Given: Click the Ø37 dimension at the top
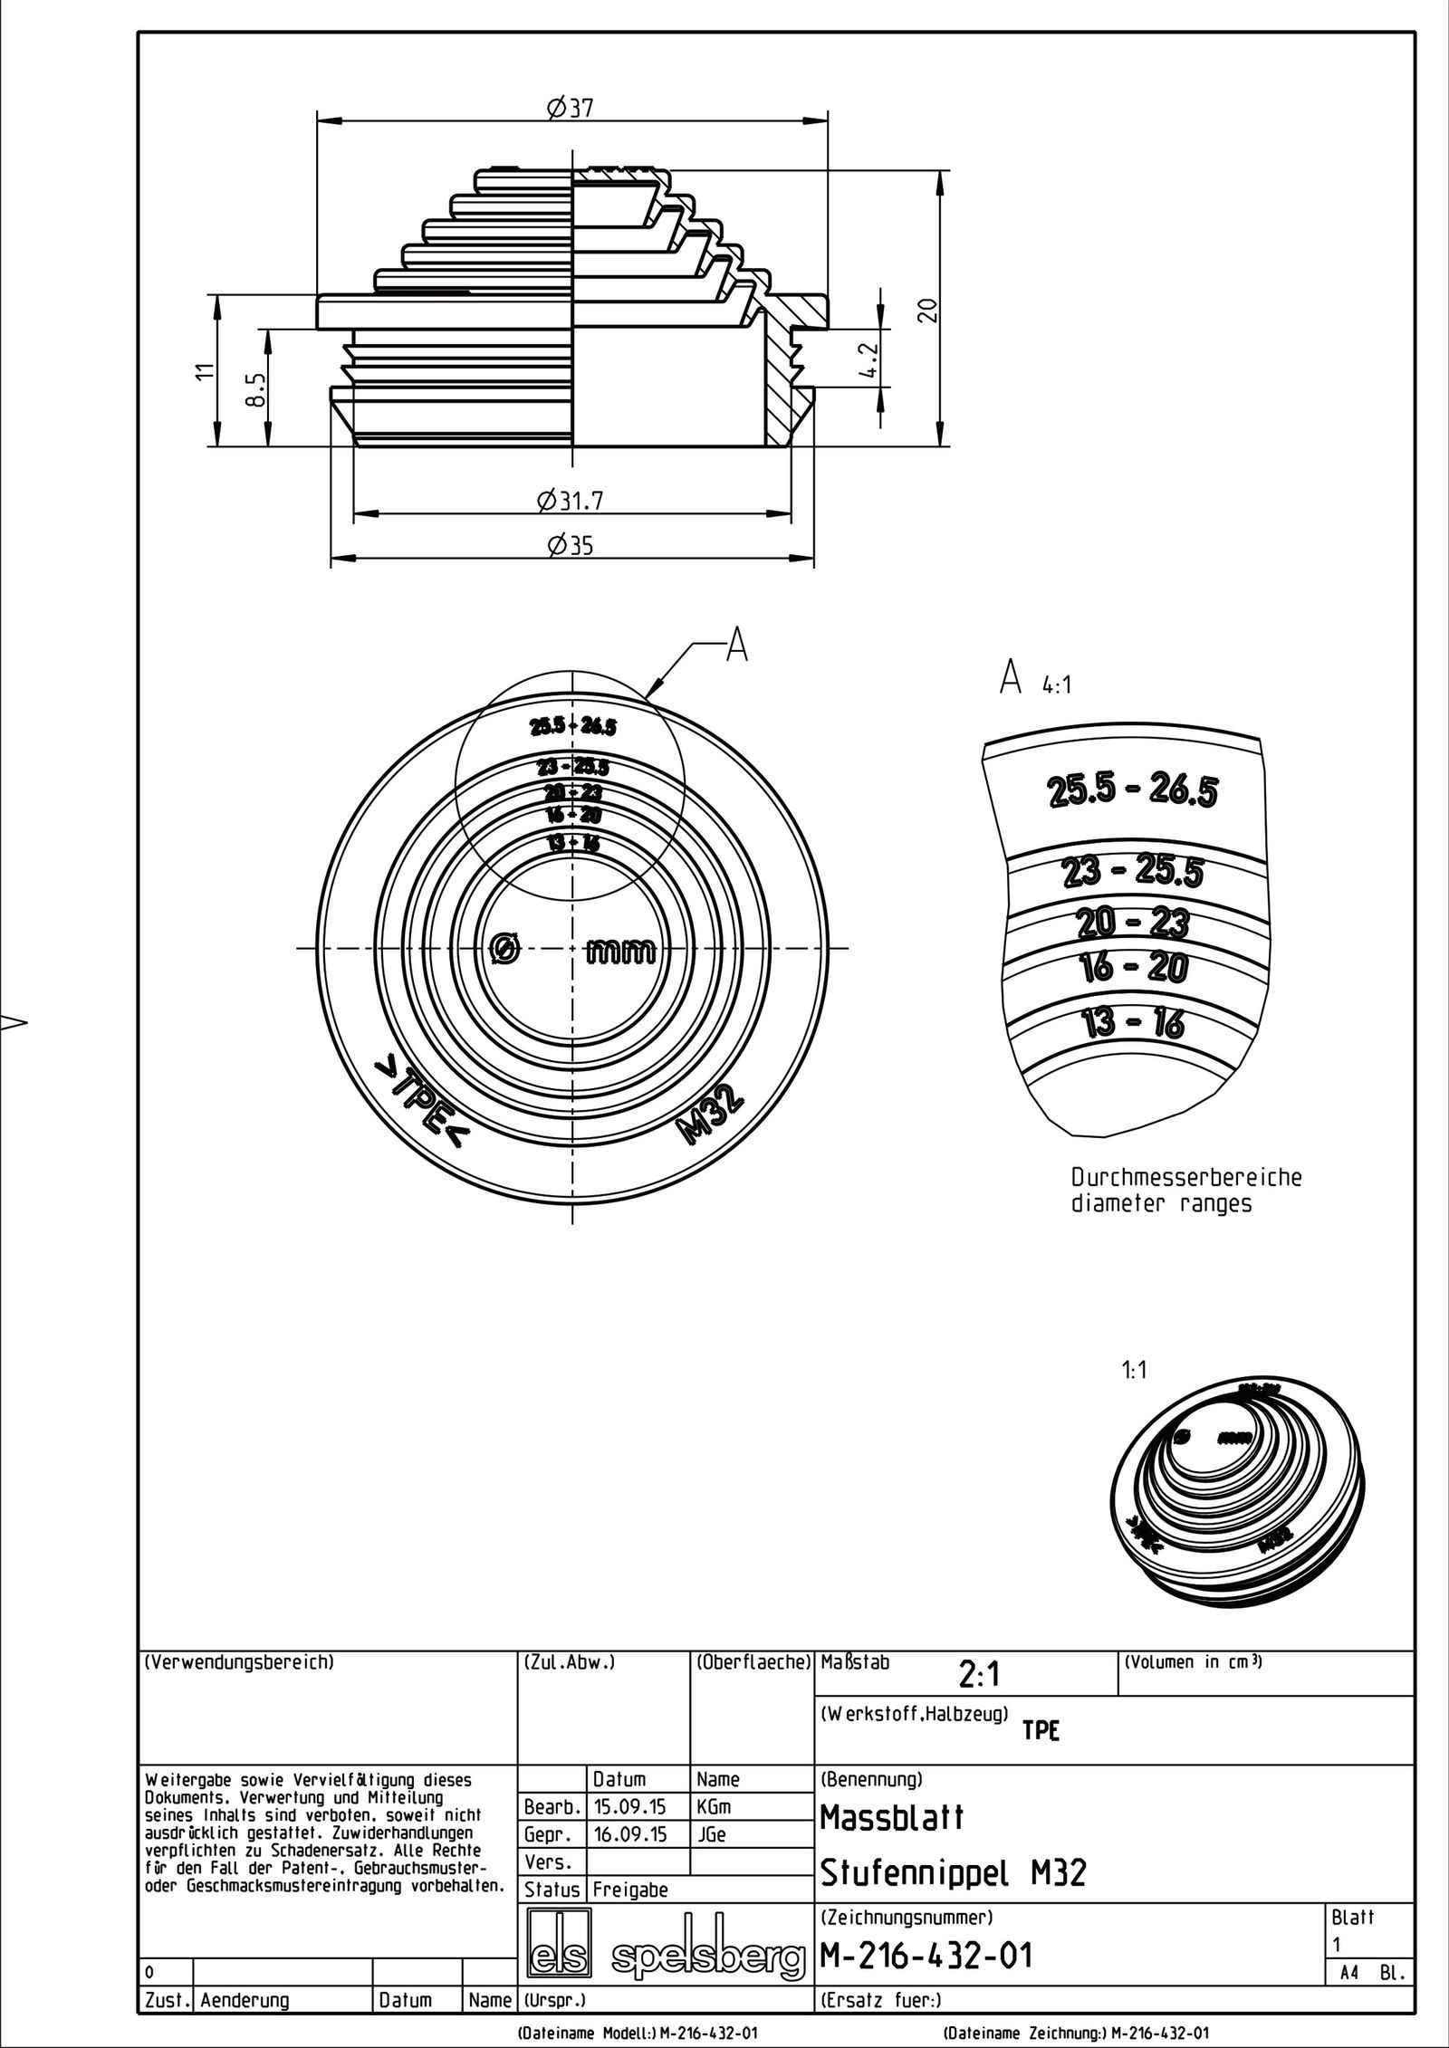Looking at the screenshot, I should click(570, 109).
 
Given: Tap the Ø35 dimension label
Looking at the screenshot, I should click(570, 546).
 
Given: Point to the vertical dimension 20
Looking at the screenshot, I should click(926, 310).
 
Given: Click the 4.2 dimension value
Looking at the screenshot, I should click(868, 359).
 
